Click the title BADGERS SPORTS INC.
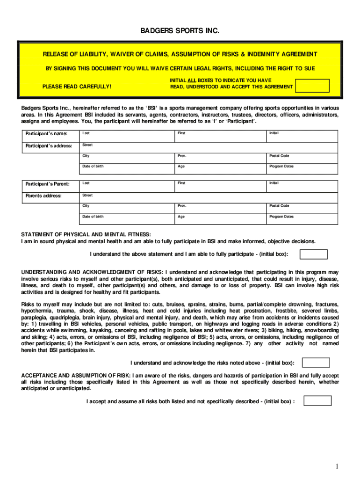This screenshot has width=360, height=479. [180, 31]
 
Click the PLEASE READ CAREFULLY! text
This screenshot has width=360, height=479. [77, 87]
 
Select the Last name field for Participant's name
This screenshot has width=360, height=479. [126, 136]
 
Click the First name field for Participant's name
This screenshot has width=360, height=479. [220, 136]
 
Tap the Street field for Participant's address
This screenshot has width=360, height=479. [209, 147]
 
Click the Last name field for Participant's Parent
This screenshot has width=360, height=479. [126, 186]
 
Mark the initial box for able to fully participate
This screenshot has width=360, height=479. [313, 254]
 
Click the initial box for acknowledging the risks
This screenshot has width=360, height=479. [316, 363]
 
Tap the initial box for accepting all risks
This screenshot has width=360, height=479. [317, 401]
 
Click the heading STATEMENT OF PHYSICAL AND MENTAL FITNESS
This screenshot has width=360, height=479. [86, 234]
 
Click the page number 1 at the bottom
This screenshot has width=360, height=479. [336, 466]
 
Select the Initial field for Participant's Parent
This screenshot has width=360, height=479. [302, 186]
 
